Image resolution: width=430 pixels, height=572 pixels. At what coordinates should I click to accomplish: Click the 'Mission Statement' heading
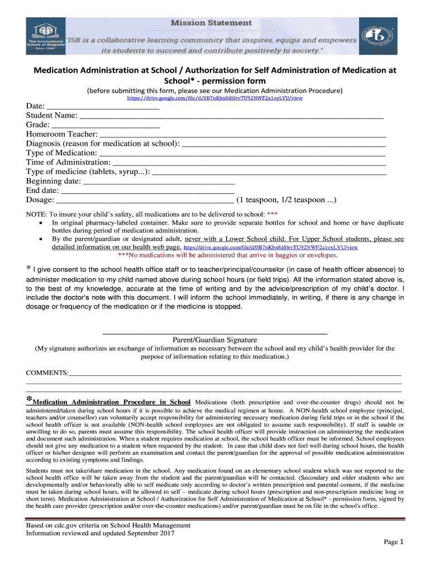click(218, 23)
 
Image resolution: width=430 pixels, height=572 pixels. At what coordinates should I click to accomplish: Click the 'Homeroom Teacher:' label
click(61, 134)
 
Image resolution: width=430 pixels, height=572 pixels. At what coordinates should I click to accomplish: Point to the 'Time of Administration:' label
click(68, 162)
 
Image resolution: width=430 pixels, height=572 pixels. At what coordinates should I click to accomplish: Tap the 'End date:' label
click(42, 190)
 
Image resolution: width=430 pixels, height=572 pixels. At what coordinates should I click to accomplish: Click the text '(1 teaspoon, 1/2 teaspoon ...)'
click(286, 200)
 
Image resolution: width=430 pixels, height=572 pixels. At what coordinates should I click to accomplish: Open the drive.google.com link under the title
click(215, 98)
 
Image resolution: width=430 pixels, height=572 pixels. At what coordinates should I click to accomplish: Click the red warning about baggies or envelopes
click(228, 255)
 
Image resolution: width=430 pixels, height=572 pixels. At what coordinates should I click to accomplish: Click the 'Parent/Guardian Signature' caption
click(215, 340)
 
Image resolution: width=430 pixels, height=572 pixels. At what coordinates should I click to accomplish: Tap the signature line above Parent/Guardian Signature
click(215, 333)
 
